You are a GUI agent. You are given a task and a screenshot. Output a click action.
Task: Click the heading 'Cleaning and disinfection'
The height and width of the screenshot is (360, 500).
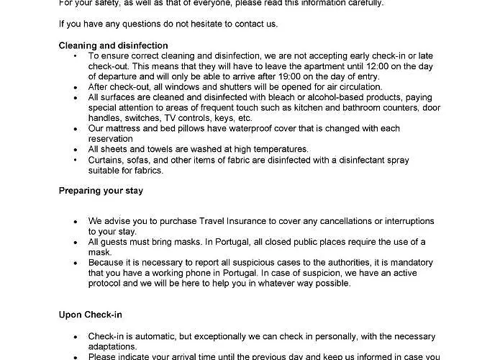(x=113, y=45)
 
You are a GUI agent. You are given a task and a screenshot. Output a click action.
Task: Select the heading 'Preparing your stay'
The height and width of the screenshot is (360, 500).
(x=101, y=191)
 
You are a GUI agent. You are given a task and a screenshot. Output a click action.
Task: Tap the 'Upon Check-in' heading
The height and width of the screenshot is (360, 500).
(x=90, y=315)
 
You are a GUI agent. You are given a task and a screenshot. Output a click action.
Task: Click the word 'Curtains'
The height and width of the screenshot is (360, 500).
(x=106, y=160)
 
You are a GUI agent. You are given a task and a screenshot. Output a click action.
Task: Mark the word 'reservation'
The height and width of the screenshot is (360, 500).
(x=111, y=139)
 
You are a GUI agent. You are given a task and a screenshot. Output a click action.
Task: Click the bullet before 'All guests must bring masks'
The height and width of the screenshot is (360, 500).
(x=76, y=242)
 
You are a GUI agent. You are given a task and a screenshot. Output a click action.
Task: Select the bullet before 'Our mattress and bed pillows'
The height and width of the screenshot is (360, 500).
(x=76, y=128)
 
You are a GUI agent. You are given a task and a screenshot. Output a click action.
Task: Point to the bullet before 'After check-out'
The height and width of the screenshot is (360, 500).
(x=76, y=87)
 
